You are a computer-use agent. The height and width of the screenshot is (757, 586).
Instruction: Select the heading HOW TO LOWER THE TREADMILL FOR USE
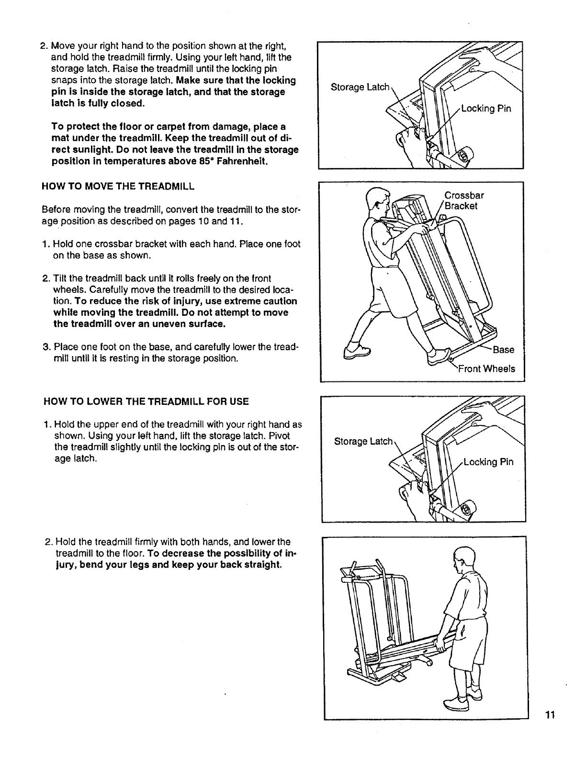click(x=146, y=401)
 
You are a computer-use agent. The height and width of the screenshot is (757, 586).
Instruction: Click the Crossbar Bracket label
click(x=463, y=200)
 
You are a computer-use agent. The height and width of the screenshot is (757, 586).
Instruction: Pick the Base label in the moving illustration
click(x=503, y=349)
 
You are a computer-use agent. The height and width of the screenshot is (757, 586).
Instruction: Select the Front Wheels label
click(x=486, y=368)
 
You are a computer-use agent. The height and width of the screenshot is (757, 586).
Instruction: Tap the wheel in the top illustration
click(x=464, y=156)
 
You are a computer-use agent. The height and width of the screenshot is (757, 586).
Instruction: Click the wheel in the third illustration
click(x=467, y=508)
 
